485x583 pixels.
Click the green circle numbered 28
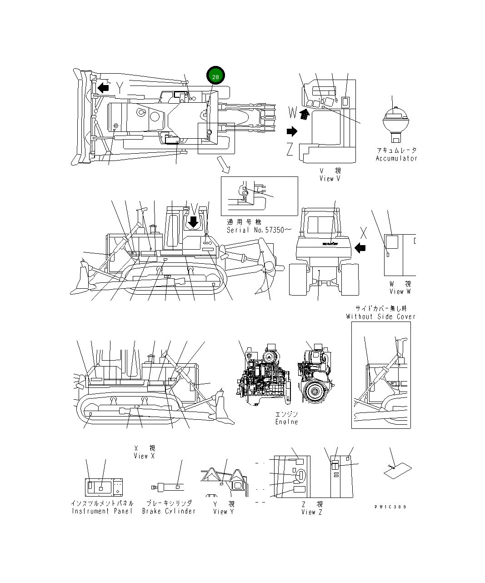point(215,77)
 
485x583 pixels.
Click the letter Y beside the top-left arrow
point(120,87)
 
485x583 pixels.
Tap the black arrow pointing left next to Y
point(104,87)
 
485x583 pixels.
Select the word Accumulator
point(396,158)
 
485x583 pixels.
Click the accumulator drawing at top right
point(394,120)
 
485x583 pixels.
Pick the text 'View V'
point(330,179)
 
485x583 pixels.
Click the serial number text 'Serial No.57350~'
point(255,230)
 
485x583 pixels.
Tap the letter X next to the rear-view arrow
point(363,233)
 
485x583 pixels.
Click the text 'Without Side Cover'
point(380,317)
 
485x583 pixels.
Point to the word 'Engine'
point(286,422)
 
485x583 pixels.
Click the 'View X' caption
point(144,456)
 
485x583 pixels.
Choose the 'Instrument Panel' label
point(102,511)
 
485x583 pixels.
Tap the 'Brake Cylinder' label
point(169,511)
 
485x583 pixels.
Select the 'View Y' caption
point(224,512)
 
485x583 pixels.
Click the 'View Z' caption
point(312,512)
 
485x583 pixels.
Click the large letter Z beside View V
point(290,149)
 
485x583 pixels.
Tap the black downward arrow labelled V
point(194,221)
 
